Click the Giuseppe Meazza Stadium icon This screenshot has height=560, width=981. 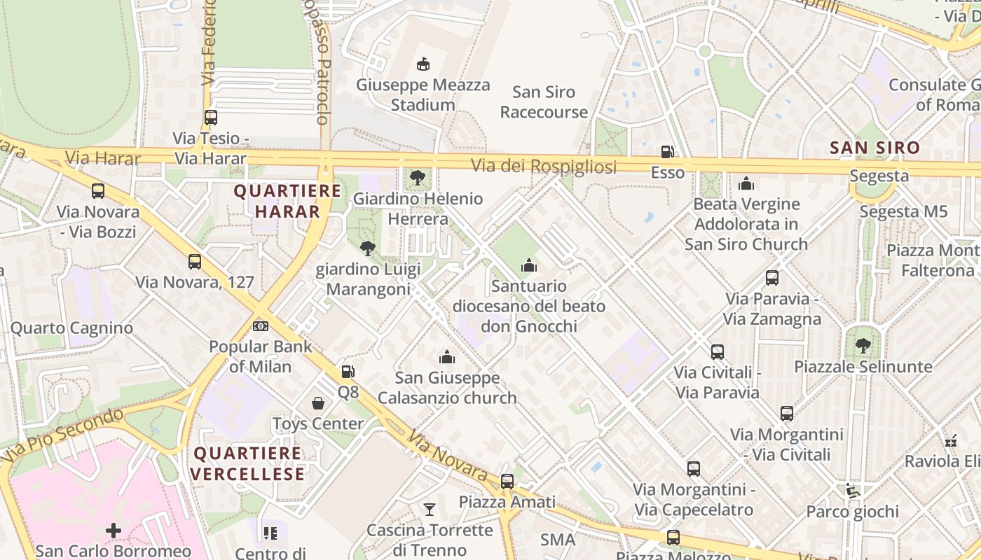pyautogui.click(x=423, y=64)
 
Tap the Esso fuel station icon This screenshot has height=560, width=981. pyautogui.click(x=667, y=152)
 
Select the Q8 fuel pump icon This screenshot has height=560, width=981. pyautogui.click(x=348, y=372)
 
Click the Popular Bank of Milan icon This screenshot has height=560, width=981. pyautogui.click(x=261, y=326)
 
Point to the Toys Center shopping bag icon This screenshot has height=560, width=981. pyautogui.click(x=318, y=403)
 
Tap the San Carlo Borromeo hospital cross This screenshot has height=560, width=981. pyautogui.click(x=113, y=531)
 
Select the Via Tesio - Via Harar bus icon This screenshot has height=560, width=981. pyautogui.click(x=211, y=118)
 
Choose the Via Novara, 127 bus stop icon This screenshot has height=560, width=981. pyautogui.click(x=195, y=262)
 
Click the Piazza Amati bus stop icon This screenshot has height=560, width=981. pyautogui.click(x=507, y=482)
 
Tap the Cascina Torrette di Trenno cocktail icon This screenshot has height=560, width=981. pyautogui.click(x=430, y=510)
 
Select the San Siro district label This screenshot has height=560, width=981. pyautogui.click(x=874, y=148)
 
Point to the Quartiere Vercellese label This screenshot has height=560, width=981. pyautogui.click(x=247, y=463)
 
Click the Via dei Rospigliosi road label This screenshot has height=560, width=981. pyautogui.click(x=544, y=167)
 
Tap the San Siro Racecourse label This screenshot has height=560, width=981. pyautogui.click(x=544, y=102)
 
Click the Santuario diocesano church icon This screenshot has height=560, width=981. pyautogui.click(x=529, y=265)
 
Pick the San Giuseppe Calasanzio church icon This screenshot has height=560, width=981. pyautogui.click(x=447, y=358)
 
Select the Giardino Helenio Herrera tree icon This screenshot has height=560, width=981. pyautogui.click(x=418, y=178)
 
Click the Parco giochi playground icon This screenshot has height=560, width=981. pyautogui.click(x=852, y=491)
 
